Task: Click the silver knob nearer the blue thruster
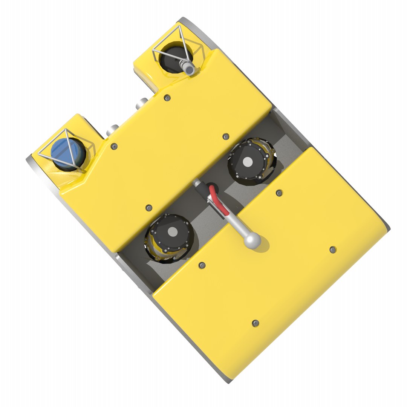(112, 130)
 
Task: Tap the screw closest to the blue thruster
(115, 146)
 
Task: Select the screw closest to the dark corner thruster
(167, 98)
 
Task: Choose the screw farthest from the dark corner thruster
(256, 323)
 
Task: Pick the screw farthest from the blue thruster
(333, 249)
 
